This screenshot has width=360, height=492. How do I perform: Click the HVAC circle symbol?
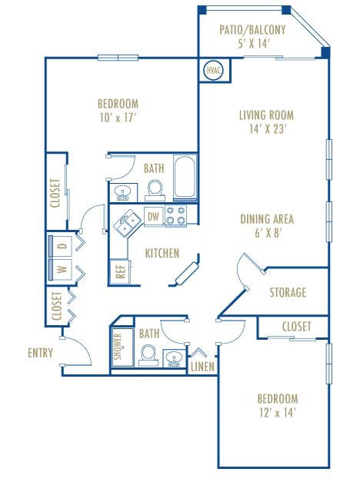tap(212, 71)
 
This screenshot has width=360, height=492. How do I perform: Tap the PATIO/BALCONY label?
tap(252, 30)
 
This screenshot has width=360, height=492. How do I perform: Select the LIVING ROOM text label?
tap(266, 116)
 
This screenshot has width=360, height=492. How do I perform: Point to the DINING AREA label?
tap(267, 219)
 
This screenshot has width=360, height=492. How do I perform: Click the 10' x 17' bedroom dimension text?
tap(118, 118)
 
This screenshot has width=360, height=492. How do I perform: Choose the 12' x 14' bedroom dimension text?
tap(277, 413)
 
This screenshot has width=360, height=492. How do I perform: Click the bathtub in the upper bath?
tap(185, 178)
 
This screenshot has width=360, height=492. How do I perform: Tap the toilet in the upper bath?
tap(155, 187)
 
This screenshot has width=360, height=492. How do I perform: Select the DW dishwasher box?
tap(153, 218)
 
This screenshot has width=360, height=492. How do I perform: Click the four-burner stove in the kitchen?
tap(176, 217)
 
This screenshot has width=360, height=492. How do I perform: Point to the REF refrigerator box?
tap(120, 271)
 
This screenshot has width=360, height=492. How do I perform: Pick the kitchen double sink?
tap(127, 223)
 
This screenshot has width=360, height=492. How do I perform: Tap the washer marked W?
tap(62, 269)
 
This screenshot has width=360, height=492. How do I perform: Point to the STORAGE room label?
tap(288, 292)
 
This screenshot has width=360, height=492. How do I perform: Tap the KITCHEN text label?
tap(162, 253)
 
